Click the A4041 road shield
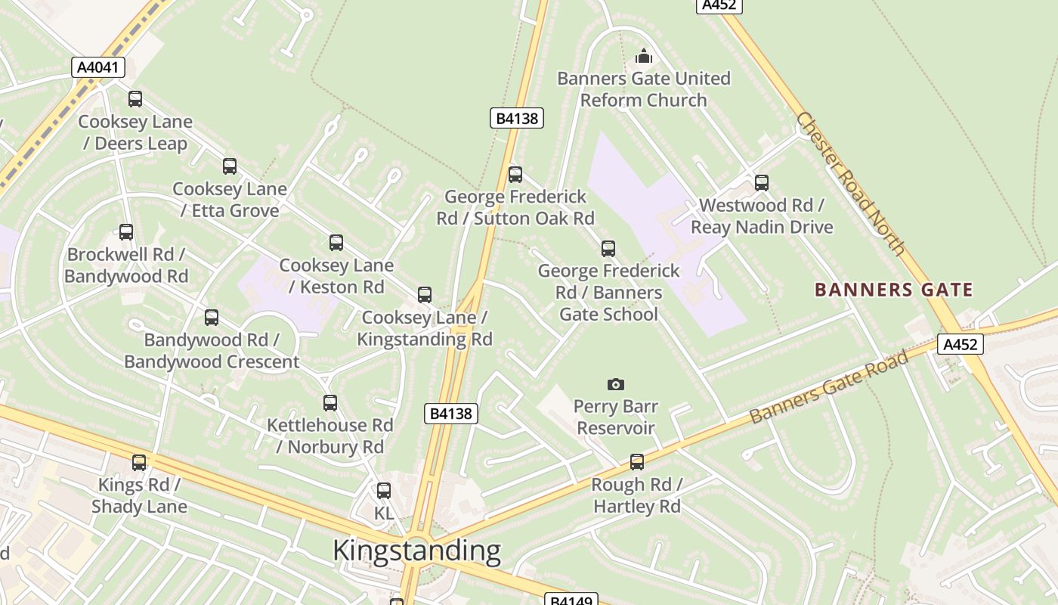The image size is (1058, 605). click(x=98, y=67)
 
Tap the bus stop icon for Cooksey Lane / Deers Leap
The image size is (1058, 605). click(x=135, y=99)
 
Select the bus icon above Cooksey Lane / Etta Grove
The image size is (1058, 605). click(x=230, y=166)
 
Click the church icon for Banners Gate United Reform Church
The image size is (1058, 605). click(x=644, y=56)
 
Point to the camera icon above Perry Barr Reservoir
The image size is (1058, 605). click(x=616, y=384)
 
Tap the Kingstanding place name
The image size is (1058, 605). click(x=416, y=551)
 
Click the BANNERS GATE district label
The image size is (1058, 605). click(x=893, y=290)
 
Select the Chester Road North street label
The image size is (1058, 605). click(x=850, y=184)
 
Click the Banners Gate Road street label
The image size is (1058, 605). click(x=829, y=386)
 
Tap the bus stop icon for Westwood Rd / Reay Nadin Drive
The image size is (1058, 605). click(x=762, y=183)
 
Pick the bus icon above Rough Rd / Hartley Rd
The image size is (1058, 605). click(x=637, y=462)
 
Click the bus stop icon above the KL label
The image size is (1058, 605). click(x=384, y=491)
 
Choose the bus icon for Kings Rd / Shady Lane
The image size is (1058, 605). click(x=139, y=463)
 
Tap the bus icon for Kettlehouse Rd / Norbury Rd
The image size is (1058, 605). click(x=330, y=403)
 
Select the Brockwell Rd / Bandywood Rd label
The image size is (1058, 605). click(x=126, y=265)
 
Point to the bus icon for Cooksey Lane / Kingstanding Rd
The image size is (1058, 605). click(x=425, y=295)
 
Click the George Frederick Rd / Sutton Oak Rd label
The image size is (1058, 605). click(x=515, y=207)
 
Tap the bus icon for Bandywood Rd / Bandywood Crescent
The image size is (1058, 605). click(x=212, y=318)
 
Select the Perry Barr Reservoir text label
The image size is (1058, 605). click(x=616, y=417)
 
